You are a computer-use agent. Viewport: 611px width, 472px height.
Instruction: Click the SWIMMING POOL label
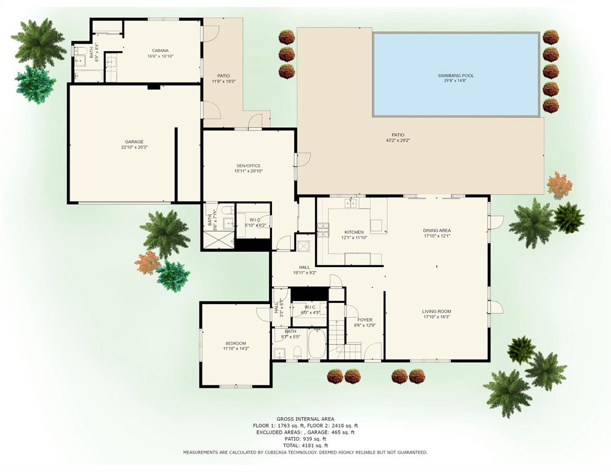(456, 76)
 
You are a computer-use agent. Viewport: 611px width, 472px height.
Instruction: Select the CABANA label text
(160, 50)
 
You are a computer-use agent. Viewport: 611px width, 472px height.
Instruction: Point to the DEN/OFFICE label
(249, 166)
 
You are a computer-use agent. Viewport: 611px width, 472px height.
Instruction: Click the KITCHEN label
(354, 232)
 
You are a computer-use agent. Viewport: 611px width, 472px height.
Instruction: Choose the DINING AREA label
(437, 230)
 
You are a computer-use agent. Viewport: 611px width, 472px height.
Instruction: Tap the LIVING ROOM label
(436, 311)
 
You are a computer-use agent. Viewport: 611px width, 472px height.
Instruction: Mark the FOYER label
(365, 320)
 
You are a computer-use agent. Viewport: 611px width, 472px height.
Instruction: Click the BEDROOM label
(235, 343)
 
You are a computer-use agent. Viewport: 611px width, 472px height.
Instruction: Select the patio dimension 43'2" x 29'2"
(398, 141)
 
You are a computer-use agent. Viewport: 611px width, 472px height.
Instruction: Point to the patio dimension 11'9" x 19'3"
(223, 81)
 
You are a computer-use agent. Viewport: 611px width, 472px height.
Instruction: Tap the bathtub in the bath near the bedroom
(316, 345)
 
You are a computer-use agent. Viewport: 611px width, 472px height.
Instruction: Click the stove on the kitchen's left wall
(323, 230)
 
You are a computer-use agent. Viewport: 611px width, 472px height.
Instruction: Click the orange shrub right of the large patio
(559, 185)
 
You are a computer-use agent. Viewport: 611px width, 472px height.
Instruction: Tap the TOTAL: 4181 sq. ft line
(305, 445)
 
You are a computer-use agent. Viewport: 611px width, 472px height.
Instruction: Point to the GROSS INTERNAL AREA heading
(305, 418)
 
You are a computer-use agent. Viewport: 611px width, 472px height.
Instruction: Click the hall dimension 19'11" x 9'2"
(305, 272)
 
